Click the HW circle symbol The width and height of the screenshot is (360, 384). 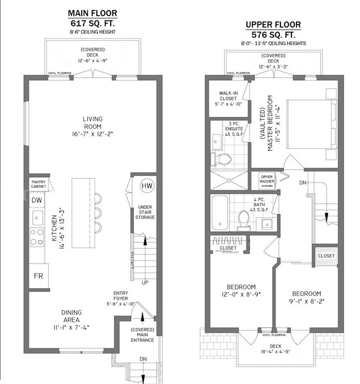(x=147, y=186)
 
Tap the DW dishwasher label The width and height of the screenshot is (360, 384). (x=37, y=200)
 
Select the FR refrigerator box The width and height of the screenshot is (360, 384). (x=38, y=276)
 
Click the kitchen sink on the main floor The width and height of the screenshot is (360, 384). (x=37, y=218)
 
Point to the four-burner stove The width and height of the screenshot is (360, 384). (x=37, y=237)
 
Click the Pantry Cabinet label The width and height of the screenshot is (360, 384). (x=38, y=184)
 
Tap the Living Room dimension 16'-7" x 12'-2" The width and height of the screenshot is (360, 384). (x=93, y=134)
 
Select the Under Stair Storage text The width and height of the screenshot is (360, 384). (x=145, y=212)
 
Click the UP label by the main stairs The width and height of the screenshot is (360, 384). (x=145, y=283)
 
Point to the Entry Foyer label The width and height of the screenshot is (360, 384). (x=120, y=295)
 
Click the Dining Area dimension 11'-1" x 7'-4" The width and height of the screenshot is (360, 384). (x=71, y=327)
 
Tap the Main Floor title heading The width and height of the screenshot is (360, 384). (x=93, y=13)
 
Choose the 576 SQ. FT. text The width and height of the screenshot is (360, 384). (x=273, y=35)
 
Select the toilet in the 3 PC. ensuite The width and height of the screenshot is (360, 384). (x=221, y=159)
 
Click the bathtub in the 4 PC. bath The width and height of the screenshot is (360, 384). (x=220, y=212)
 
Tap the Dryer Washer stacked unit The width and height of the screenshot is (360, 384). (x=267, y=181)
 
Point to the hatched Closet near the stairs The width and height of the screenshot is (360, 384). (x=327, y=256)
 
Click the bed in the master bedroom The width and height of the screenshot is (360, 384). (x=312, y=124)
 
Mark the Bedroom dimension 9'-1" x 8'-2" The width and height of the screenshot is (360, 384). (x=307, y=301)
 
